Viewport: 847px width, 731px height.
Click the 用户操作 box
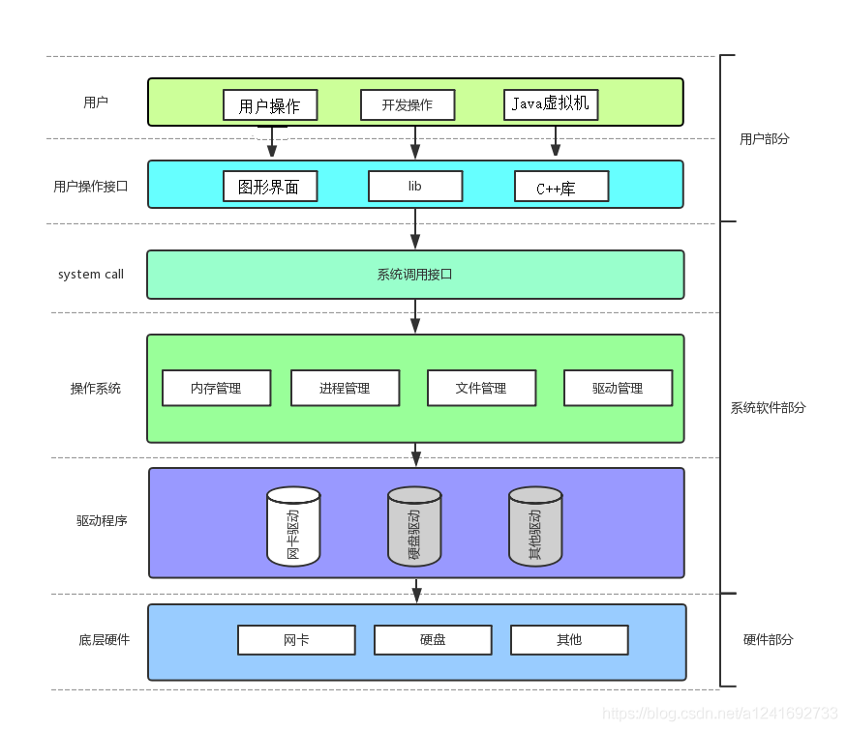point(270,105)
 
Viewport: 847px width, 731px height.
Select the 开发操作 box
point(408,104)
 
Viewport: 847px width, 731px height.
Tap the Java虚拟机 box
point(551,104)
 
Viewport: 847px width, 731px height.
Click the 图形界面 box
point(270,186)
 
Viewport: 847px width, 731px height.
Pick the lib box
point(415,186)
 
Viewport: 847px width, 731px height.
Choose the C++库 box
point(561,186)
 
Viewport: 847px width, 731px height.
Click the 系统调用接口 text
point(415,275)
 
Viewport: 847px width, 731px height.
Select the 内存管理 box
point(216,388)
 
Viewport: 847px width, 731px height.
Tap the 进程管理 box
point(346,388)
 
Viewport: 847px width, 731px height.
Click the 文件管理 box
point(482,388)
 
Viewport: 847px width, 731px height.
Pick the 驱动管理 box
point(618,388)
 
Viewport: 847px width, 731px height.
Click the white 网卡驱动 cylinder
point(294,527)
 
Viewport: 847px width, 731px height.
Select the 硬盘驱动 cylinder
point(415,527)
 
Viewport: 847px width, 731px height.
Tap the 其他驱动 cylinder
point(536,527)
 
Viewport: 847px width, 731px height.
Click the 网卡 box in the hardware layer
point(296,640)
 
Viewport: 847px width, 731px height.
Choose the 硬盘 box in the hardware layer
point(434,640)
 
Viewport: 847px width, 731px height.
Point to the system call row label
point(91,274)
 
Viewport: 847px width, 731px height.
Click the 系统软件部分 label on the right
point(768,408)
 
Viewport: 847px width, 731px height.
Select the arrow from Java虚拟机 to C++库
point(556,141)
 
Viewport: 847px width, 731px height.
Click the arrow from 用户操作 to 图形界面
point(272,141)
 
